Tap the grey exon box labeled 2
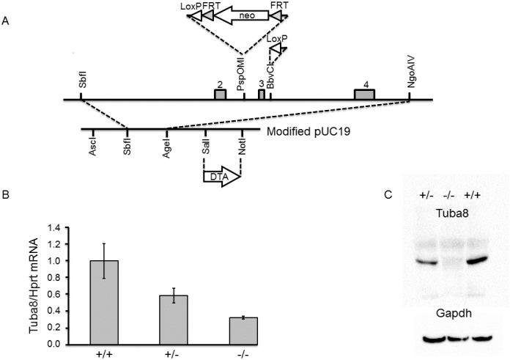click(x=220, y=95)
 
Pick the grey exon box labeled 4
click(x=364, y=95)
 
